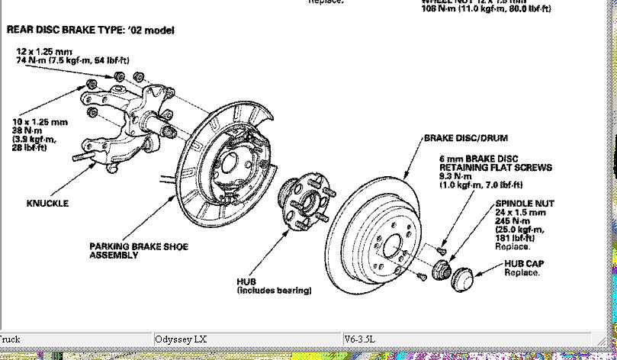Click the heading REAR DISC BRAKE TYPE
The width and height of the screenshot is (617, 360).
[x=90, y=31]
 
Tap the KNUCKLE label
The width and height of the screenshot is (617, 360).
[x=47, y=204]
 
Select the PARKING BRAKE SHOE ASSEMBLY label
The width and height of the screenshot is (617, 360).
[x=138, y=251]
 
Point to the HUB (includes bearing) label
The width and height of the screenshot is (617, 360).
[x=274, y=286]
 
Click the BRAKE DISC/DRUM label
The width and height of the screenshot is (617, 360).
[x=465, y=138]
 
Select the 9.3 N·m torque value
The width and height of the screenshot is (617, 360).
[x=457, y=176]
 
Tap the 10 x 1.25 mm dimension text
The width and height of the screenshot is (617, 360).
[x=40, y=121]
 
